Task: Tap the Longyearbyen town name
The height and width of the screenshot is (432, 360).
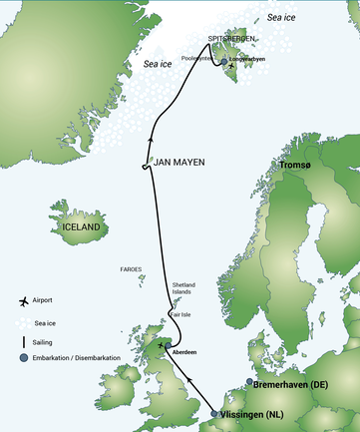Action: (249, 59)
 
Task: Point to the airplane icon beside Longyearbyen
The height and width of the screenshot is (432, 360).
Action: (231, 67)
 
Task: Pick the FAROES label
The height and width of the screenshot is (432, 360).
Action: (130, 269)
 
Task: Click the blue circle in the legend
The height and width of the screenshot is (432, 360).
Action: (21, 359)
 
